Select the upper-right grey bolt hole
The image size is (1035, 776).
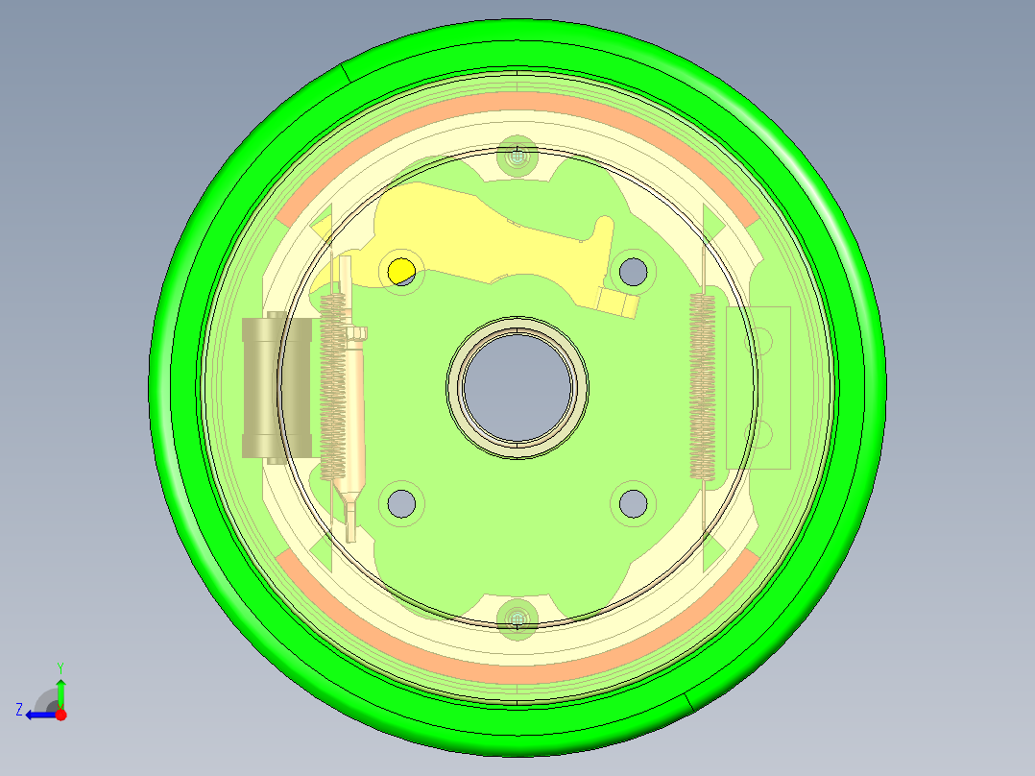pos(632,272)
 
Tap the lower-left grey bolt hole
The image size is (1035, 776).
pos(401,501)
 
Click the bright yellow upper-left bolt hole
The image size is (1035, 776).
pos(400,272)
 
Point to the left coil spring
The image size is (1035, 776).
pos(332,384)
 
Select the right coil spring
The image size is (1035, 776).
pos(703,384)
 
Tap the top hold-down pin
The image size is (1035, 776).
pos(518,155)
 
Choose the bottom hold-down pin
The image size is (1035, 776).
pos(518,617)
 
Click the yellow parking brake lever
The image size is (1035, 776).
pos(480,240)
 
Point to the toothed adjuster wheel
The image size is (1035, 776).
pos(357,333)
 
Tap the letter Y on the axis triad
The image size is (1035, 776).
pos(60,667)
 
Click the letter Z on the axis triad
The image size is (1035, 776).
pos(19,709)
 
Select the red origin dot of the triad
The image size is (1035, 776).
pos(60,714)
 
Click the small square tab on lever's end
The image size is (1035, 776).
pos(619,303)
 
